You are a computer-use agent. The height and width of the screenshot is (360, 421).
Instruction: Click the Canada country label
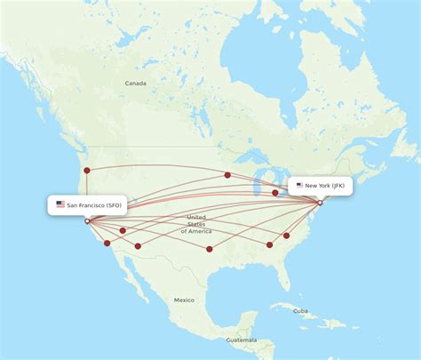tap(135, 84)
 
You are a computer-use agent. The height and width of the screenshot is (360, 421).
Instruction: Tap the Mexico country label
tap(184, 300)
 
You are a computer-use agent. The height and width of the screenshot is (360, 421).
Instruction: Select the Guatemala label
tap(241, 340)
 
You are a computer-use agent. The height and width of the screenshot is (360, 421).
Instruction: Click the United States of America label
tap(196, 224)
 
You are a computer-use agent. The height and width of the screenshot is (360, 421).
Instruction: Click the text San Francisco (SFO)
tap(95, 204)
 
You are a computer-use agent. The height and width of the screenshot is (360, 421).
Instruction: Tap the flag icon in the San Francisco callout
tap(60, 204)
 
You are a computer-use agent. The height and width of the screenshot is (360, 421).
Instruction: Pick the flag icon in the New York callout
tap(300, 186)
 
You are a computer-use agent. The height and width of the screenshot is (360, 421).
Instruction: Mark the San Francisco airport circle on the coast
tap(86, 221)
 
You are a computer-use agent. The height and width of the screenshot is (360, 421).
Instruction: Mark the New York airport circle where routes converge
tap(320, 203)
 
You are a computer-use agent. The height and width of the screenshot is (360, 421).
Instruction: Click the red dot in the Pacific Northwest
tap(86, 170)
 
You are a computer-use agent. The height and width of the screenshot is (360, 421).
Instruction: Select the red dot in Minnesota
tap(227, 175)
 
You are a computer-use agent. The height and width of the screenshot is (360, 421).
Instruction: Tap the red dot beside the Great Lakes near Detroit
tap(275, 192)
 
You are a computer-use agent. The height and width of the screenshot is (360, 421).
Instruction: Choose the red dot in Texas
tap(209, 249)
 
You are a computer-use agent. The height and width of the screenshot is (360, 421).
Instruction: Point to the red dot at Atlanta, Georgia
tap(270, 244)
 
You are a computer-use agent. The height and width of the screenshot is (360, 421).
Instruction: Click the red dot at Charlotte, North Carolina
tap(287, 236)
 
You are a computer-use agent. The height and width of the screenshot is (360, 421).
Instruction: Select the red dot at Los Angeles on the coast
tap(107, 243)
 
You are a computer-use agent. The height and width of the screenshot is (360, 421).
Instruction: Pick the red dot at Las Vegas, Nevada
tap(123, 230)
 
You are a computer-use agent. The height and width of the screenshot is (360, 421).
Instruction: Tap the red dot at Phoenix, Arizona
tap(138, 245)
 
